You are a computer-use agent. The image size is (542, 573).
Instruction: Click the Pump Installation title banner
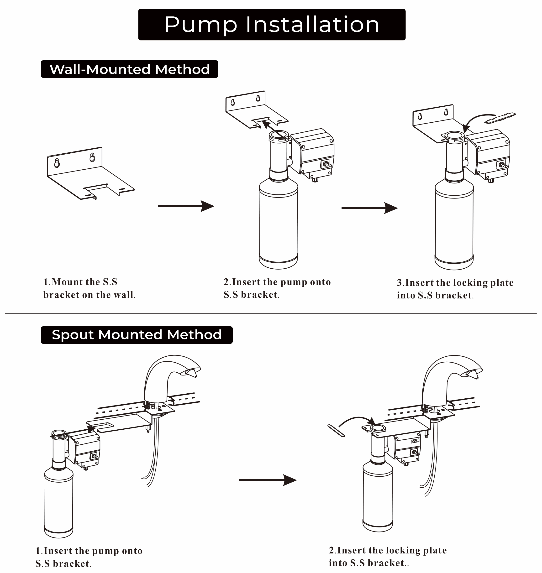coord(272,25)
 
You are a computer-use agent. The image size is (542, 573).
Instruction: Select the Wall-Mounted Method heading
coord(129,69)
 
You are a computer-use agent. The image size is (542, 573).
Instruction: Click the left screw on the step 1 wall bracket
coord(57,161)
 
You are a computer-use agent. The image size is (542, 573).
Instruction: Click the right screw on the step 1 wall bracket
coord(92,155)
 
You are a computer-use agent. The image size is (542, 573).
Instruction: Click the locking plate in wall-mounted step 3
coord(500,118)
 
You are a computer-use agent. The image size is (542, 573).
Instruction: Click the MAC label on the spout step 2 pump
coord(415,441)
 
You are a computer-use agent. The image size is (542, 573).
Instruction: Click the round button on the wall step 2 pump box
coord(326,164)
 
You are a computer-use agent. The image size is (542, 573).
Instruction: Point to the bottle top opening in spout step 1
coord(59,433)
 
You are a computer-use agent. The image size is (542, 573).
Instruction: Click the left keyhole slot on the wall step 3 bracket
coord(420,116)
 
